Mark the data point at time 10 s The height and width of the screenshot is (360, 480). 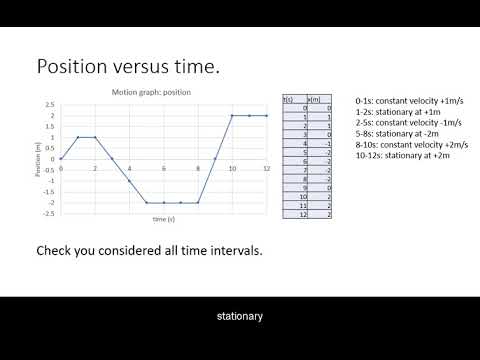click(232, 116)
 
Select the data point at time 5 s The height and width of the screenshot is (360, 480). click(146, 202)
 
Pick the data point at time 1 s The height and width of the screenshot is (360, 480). click(78, 137)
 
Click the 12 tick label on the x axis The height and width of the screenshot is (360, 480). click(266, 169)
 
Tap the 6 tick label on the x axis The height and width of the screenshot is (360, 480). click(163, 169)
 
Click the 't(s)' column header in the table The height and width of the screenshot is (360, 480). click(288, 99)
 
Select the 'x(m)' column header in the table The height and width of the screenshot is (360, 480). click(312, 99)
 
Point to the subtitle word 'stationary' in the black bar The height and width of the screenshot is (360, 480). click(240, 317)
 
